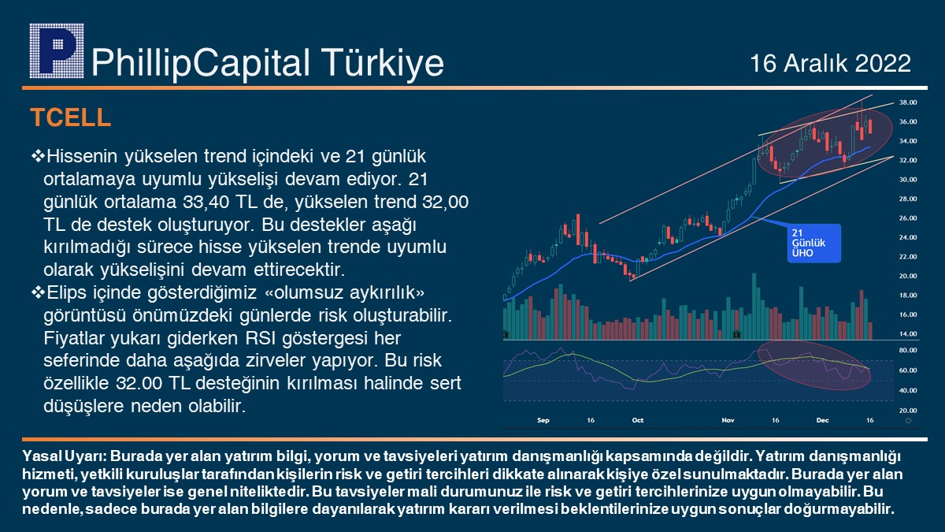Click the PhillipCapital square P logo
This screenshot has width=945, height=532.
[x=57, y=50]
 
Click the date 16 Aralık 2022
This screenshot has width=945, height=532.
[x=831, y=63]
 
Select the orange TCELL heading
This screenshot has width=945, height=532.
[x=70, y=117]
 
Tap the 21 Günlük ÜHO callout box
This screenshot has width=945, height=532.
[x=813, y=244]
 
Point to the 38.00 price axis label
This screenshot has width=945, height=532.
[x=908, y=102]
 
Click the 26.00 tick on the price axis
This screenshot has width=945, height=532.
[x=908, y=218]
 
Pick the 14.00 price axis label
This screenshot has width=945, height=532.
[x=908, y=333]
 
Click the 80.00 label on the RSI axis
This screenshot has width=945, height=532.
[x=908, y=350]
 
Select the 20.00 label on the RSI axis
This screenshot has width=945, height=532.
[x=908, y=410]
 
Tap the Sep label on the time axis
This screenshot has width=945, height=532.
[x=543, y=420]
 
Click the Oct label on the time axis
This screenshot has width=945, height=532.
[x=638, y=420]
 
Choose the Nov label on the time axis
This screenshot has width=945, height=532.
[x=728, y=420]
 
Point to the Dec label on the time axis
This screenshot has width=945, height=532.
[x=823, y=420]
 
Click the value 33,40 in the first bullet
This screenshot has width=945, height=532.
[x=206, y=202]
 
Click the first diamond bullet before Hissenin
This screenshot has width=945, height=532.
[x=38, y=156]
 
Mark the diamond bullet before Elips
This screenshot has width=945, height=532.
[x=38, y=292]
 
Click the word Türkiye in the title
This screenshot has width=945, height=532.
[x=383, y=63]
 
